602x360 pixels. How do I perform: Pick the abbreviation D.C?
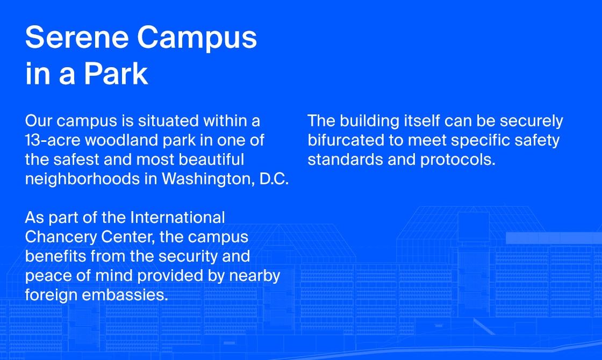coord(274,179)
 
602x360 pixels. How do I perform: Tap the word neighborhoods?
coord(82,179)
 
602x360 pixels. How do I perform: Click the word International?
coord(178,218)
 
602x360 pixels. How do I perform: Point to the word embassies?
coord(125,295)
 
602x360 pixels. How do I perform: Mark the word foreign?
coord(51,296)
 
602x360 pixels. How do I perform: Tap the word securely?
coord(532,121)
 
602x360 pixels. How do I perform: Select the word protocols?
coord(458,160)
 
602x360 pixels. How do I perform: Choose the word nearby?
coord(255,276)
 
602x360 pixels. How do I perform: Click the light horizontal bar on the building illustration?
coord(554,238)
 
